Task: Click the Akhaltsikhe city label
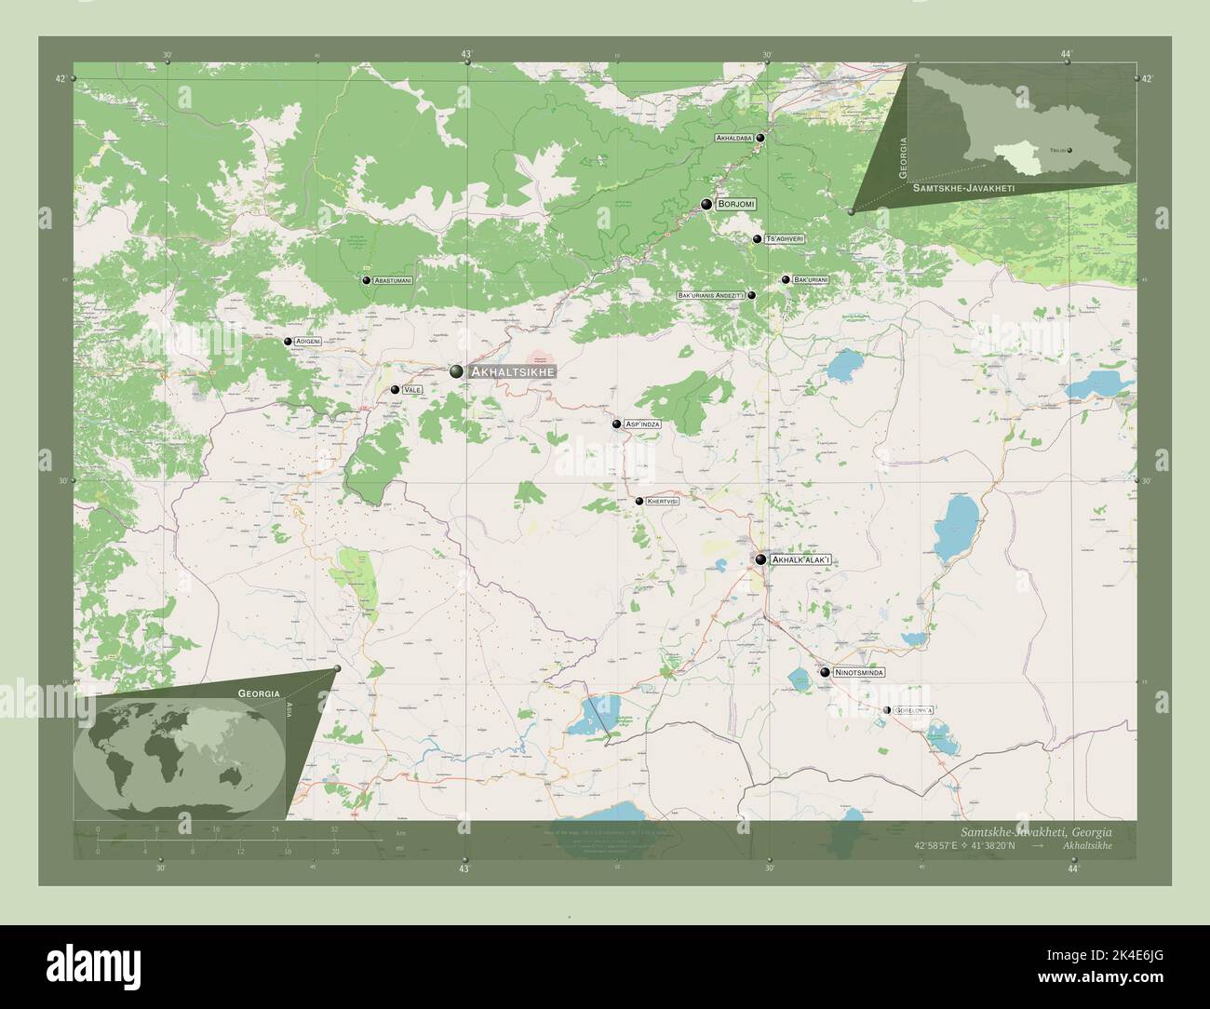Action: coord(513,371)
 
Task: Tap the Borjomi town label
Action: coord(736,204)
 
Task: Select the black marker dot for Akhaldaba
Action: coord(760,138)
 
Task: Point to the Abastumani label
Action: coord(393,279)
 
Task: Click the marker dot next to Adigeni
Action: coord(289,342)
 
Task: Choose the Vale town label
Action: coord(413,390)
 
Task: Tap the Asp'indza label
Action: coord(643,424)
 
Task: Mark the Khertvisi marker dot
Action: coord(639,501)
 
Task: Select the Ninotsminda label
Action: coord(859,671)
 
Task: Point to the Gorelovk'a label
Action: coord(914,710)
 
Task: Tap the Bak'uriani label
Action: coord(811,279)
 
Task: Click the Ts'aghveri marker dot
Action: coord(758,239)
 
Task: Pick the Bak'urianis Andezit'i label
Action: coord(711,295)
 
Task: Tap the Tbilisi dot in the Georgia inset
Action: coord(1069,150)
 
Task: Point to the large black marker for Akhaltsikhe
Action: coord(456,371)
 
